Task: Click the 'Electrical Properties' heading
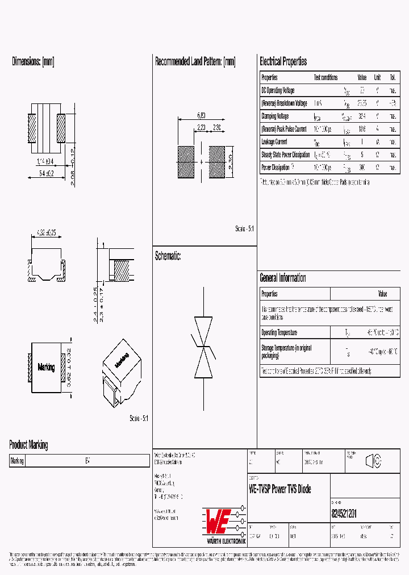coord(283,61)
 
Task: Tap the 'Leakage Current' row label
coord(274,142)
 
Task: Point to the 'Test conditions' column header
coord(325,77)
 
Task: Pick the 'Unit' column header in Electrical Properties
coord(377,77)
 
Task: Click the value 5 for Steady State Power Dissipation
coord(362,155)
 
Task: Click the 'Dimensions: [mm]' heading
coord(33,61)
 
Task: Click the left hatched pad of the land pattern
coord(186,162)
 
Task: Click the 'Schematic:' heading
coord(168,256)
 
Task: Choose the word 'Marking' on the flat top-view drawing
coord(46,368)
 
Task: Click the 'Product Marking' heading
coord(28,445)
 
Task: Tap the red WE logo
coord(216,518)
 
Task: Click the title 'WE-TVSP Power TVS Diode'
coord(280,489)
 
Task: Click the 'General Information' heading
coord(283,278)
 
